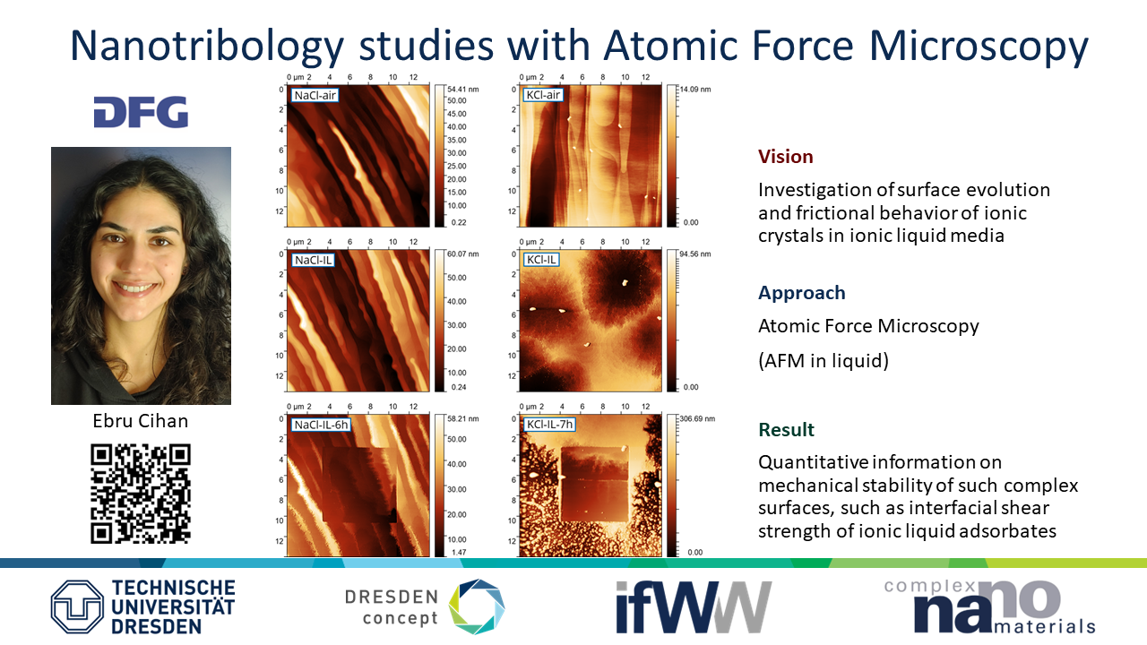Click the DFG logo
(141, 112)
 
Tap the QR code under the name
(141, 494)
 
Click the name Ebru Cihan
(141, 421)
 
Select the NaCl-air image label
(315, 95)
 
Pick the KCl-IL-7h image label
(549, 425)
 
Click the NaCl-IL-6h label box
(321, 425)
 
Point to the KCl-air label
(543, 95)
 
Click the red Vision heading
(786, 156)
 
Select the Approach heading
(801, 293)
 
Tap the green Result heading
(786, 429)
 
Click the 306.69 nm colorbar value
(697, 418)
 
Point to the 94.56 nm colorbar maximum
(695, 254)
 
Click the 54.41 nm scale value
(463, 89)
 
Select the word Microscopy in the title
(979, 46)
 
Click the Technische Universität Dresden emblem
(77, 606)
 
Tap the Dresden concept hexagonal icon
(477, 606)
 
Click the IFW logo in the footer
(694, 607)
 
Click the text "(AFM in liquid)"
(824, 360)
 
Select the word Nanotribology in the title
(207, 46)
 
